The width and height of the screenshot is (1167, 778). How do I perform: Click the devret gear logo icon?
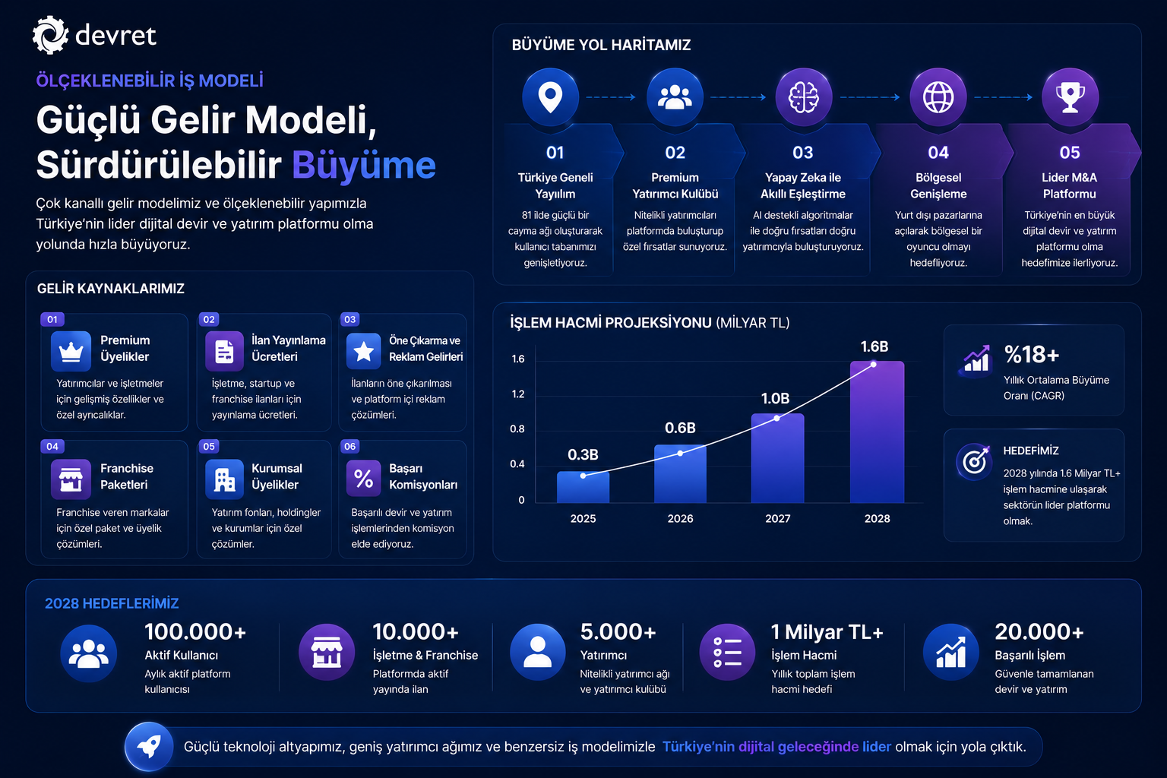pos(50,35)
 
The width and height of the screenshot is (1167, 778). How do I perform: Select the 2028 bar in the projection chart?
pos(877,432)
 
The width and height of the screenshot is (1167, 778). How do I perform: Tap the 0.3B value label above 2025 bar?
pos(583,455)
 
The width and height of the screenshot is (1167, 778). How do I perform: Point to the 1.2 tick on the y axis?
pos(518,394)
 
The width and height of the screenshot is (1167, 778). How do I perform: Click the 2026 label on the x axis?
pos(680,518)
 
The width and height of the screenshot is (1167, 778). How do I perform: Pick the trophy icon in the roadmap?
pos(1070,97)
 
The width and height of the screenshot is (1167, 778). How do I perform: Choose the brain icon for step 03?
pos(803,97)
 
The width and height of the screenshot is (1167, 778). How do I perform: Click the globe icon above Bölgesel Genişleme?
pos(938,97)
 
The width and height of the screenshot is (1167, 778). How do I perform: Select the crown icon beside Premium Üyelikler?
pos(71,351)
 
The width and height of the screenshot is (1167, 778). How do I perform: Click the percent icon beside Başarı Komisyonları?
pos(364,479)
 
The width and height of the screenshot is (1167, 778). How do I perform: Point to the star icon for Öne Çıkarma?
pos(364,351)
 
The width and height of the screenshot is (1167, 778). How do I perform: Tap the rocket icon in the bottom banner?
pos(149,747)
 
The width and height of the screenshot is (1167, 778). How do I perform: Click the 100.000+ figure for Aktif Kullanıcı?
pos(195,631)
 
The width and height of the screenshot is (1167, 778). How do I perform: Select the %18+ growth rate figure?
pos(1032,355)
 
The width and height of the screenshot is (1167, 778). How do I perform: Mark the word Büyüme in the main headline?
pos(364,165)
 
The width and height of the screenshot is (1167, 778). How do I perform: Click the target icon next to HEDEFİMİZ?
pos(974,461)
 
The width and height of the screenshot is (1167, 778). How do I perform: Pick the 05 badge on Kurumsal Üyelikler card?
pos(209,446)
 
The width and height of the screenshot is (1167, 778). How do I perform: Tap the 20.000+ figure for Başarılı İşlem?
pos(1039,631)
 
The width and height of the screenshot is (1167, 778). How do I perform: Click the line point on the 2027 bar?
pos(776,418)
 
